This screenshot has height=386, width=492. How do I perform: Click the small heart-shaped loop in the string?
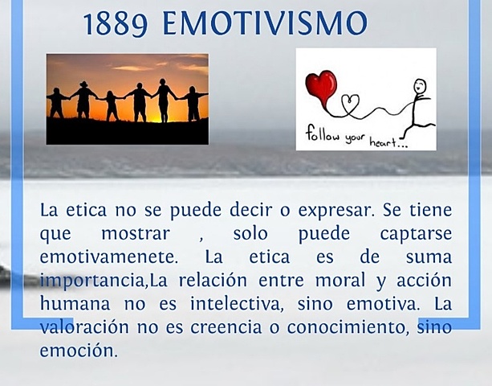coord(352,103)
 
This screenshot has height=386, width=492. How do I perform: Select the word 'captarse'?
coord(409,235)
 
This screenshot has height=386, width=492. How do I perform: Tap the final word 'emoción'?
coord(78,351)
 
